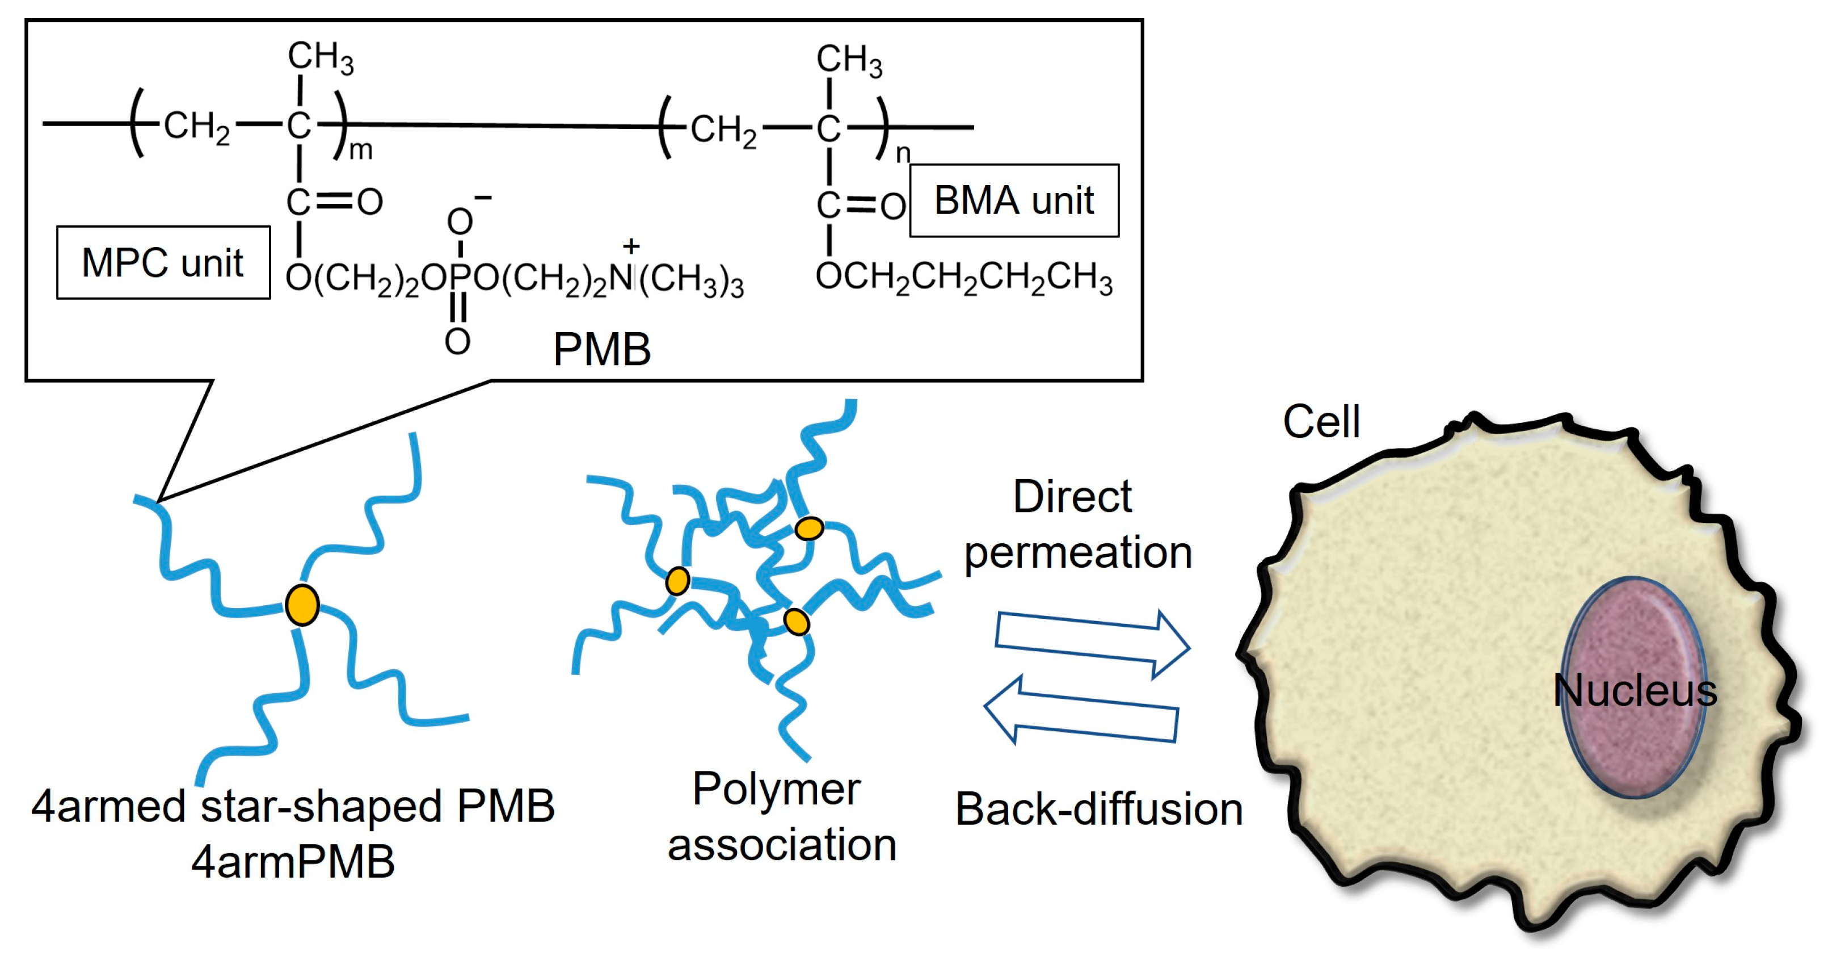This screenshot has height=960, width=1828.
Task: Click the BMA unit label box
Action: [1013, 200]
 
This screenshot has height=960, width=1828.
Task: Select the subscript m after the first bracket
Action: [360, 150]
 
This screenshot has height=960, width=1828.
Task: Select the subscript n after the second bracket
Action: [902, 153]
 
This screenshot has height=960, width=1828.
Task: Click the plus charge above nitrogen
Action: [631, 246]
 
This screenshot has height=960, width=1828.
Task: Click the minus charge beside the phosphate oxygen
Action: [483, 198]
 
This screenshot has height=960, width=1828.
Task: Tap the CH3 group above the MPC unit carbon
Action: [320, 57]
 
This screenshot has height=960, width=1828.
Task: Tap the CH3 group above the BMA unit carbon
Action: [849, 60]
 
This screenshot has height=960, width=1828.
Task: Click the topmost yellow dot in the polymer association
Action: [809, 529]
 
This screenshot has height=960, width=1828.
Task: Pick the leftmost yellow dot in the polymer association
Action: [677, 581]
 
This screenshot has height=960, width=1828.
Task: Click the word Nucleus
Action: [1635, 690]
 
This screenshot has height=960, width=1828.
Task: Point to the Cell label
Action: [1321, 422]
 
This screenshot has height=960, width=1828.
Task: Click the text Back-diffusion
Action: [1098, 809]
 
